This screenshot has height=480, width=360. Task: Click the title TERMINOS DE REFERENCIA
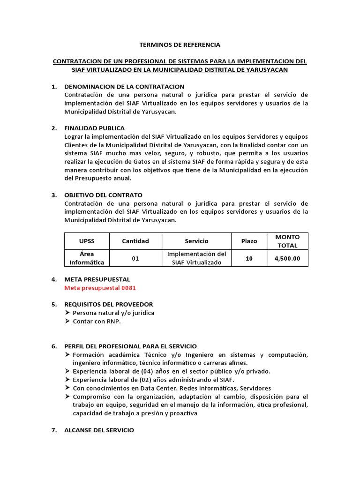pyautogui.click(x=180, y=45)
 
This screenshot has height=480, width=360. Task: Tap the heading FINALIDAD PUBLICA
pyautogui.click(x=94, y=128)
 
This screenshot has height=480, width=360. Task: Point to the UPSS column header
pyautogui.click(x=87, y=241)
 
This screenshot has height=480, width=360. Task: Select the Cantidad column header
pyautogui.click(x=135, y=241)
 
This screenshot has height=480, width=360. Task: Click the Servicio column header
pyautogui.click(x=197, y=241)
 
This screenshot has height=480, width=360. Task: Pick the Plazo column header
pyautogui.click(x=249, y=241)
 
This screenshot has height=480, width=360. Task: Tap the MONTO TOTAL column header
pyautogui.click(x=287, y=241)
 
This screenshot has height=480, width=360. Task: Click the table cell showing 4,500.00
pyautogui.click(x=287, y=258)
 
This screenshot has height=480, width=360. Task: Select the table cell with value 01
pyautogui.click(x=135, y=258)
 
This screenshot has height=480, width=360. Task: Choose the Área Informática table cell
pyautogui.click(x=87, y=258)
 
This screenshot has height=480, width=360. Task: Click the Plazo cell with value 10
pyautogui.click(x=249, y=258)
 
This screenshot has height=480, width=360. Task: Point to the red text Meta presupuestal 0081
pyautogui.click(x=100, y=288)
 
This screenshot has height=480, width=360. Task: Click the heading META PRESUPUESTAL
pyautogui.click(x=97, y=279)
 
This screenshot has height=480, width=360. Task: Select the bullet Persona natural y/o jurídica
pyautogui.click(x=113, y=313)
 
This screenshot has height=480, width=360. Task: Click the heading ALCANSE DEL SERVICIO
pyautogui.click(x=99, y=430)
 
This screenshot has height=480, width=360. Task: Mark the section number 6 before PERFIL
pyautogui.click(x=53, y=346)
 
